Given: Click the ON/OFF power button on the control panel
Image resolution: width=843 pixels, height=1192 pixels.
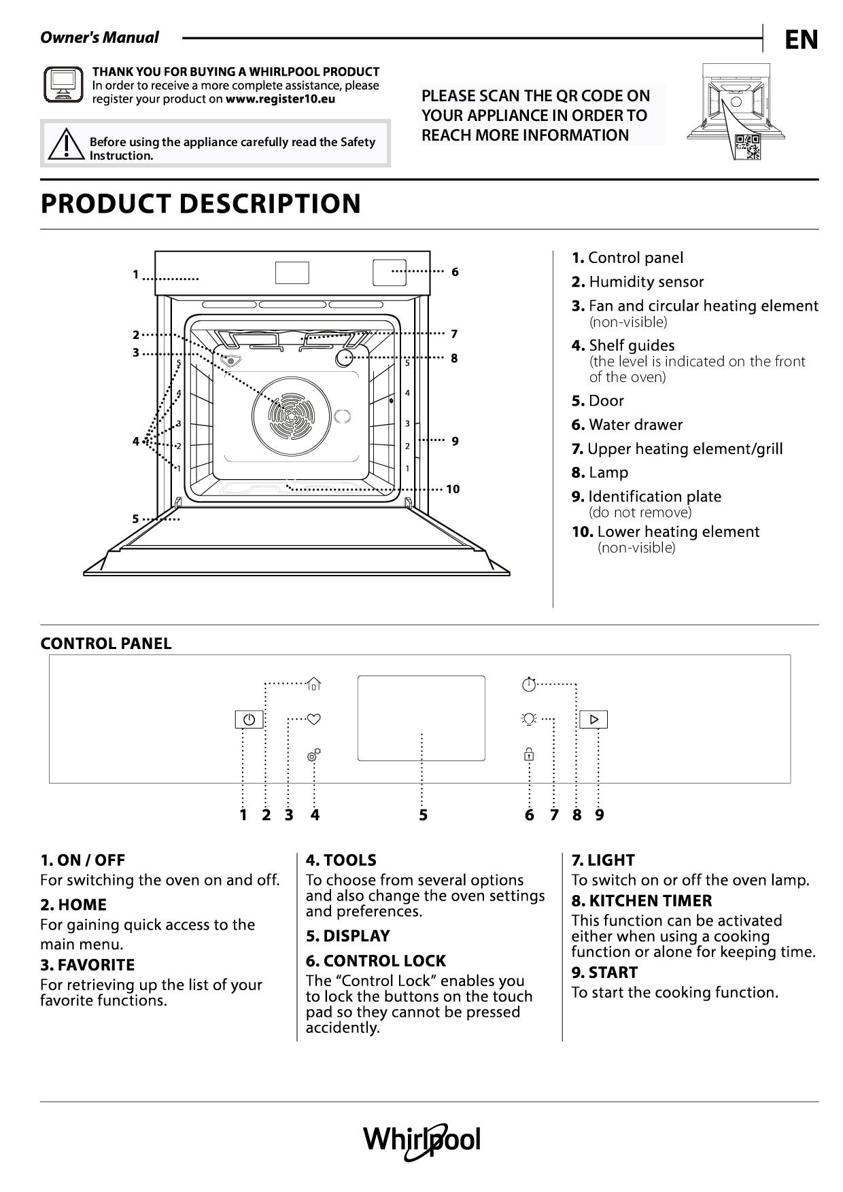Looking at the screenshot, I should pos(249,719).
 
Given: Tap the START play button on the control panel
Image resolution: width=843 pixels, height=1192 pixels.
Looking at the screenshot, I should pos(593,719).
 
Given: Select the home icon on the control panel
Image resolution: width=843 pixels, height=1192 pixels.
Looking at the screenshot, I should pos(313,684).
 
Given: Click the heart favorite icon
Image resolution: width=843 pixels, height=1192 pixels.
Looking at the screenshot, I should pos(313,718).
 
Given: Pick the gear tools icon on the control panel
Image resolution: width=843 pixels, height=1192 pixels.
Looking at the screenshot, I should pos(313,755).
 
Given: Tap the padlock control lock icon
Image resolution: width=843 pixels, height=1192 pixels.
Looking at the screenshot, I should pos(529,754).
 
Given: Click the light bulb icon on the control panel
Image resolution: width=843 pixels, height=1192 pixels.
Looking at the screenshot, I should pos(529,718).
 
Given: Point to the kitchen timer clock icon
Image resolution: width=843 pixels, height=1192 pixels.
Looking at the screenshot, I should pos(529,684).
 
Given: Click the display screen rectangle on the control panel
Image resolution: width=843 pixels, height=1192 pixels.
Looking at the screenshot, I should pos(421,718).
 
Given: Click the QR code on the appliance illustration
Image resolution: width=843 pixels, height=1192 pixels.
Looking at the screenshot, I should pos(747,146).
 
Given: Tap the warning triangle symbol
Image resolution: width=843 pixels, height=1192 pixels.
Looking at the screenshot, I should pos(65,144).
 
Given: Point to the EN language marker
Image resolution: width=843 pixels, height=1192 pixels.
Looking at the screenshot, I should pos(801,40).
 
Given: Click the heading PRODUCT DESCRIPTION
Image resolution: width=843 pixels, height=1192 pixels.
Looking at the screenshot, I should pos(201,204).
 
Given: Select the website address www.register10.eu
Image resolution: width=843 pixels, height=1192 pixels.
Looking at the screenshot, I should pos(280,99).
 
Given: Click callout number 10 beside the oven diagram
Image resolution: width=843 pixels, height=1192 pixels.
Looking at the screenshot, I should pos(453,489).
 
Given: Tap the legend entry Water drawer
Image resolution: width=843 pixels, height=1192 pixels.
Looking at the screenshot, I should pos(627,425).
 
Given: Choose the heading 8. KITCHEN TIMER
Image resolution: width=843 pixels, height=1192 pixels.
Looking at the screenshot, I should pos(641,900).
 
